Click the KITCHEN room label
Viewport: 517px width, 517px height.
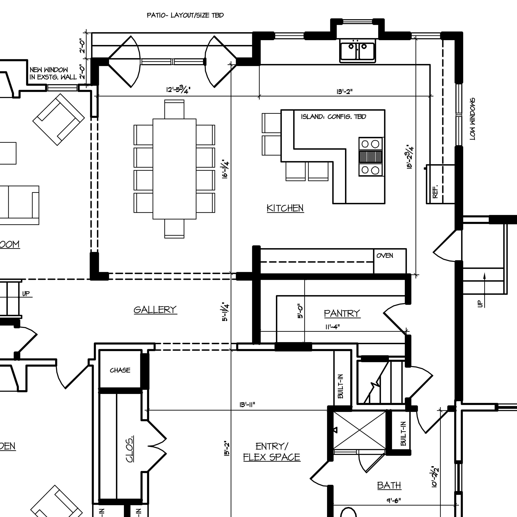click(285, 208)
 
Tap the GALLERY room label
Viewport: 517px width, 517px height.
click(155, 310)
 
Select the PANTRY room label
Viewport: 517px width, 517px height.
click(342, 313)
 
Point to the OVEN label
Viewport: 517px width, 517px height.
click(385, 256)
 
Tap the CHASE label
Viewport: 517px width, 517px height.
click(120, 370)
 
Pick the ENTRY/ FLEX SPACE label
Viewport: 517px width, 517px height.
click(272, 452)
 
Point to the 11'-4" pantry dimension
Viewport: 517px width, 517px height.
click(332, 327)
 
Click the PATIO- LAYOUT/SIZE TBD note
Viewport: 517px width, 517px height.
click(185, 15)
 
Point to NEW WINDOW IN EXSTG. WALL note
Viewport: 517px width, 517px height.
click(53, 73)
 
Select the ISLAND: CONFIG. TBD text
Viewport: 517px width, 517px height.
click(333, 117)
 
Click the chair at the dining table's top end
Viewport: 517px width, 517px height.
click(174, 109)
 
